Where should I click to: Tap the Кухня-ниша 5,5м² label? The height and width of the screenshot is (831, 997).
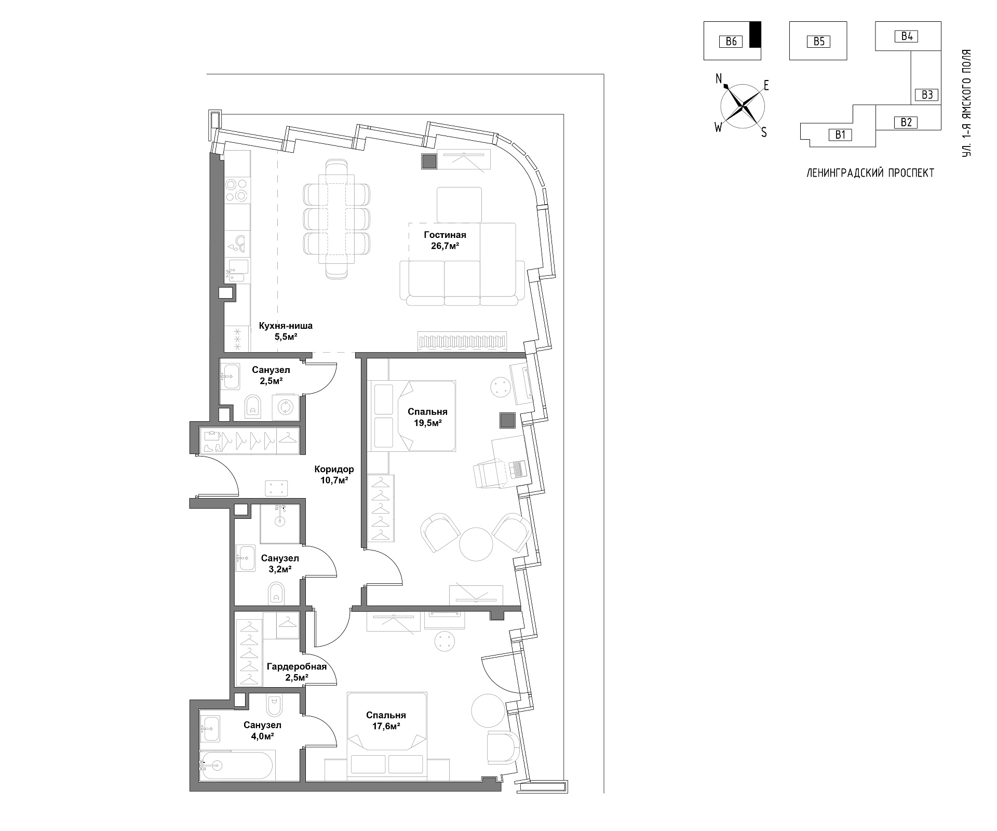tap(286, 331)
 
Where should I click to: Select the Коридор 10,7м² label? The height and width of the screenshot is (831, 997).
tap(334, 475)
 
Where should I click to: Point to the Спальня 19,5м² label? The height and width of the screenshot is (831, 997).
tap(427, 418)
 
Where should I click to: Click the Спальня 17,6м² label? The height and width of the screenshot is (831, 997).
tap(386, 721)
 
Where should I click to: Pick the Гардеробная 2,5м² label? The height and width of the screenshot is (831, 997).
tap(297, 672)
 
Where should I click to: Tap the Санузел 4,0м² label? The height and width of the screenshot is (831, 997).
tap(263, 730)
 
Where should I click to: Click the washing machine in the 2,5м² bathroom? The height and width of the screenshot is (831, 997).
tap(285, 407)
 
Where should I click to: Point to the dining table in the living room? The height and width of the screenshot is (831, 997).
tap(336, 219)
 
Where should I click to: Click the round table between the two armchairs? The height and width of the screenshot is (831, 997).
tap(476, 544)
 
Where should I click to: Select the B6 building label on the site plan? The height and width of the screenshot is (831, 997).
tap(731, 41)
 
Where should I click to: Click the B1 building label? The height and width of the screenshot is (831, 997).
tap(841, 135)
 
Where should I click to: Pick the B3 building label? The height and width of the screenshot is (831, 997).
tap(927, 95)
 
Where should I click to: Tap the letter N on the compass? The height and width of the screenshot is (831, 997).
tap(719, 79)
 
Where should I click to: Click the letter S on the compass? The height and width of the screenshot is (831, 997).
tap(763, 132)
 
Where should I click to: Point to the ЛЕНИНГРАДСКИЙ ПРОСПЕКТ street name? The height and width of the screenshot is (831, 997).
tap(870, 173)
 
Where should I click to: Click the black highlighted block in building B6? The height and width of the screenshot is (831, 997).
tap(756, 35)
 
